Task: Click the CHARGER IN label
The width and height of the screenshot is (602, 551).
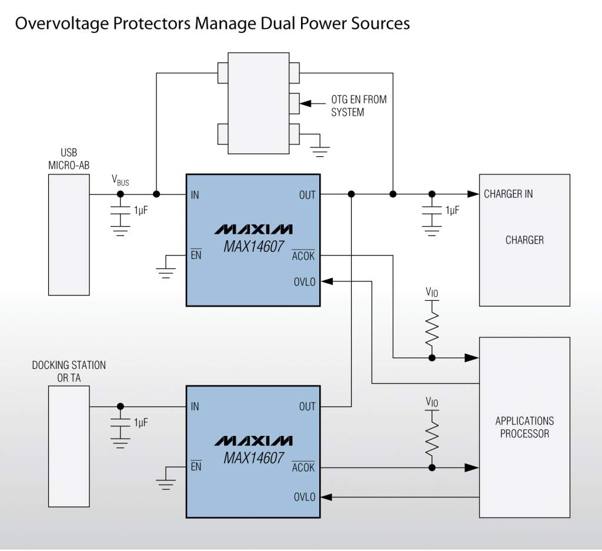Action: click(508, 194)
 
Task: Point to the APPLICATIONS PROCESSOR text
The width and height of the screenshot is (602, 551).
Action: click(524, 427)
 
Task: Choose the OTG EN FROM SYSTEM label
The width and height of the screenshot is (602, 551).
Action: click(359, 106)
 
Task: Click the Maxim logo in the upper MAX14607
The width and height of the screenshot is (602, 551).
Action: click(253, 229)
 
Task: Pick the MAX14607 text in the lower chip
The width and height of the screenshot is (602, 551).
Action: click(253, 458)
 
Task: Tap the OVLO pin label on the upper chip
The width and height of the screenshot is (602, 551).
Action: click(305, 282)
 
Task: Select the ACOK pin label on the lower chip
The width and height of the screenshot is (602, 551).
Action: click(303, 468)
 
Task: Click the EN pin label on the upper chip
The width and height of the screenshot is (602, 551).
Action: click(196, 256)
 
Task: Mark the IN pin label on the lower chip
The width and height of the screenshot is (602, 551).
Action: click(195, 406)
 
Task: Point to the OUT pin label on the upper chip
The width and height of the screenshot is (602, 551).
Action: click(307, 195)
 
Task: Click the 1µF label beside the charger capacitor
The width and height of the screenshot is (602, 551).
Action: click(453, 210)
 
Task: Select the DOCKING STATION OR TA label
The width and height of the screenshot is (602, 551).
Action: click(69, 371)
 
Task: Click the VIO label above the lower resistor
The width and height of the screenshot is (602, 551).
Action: click(432, 403)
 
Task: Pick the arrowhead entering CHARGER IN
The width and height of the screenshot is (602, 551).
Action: click(472, 194)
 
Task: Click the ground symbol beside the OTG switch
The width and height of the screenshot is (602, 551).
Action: click(320, 150)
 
